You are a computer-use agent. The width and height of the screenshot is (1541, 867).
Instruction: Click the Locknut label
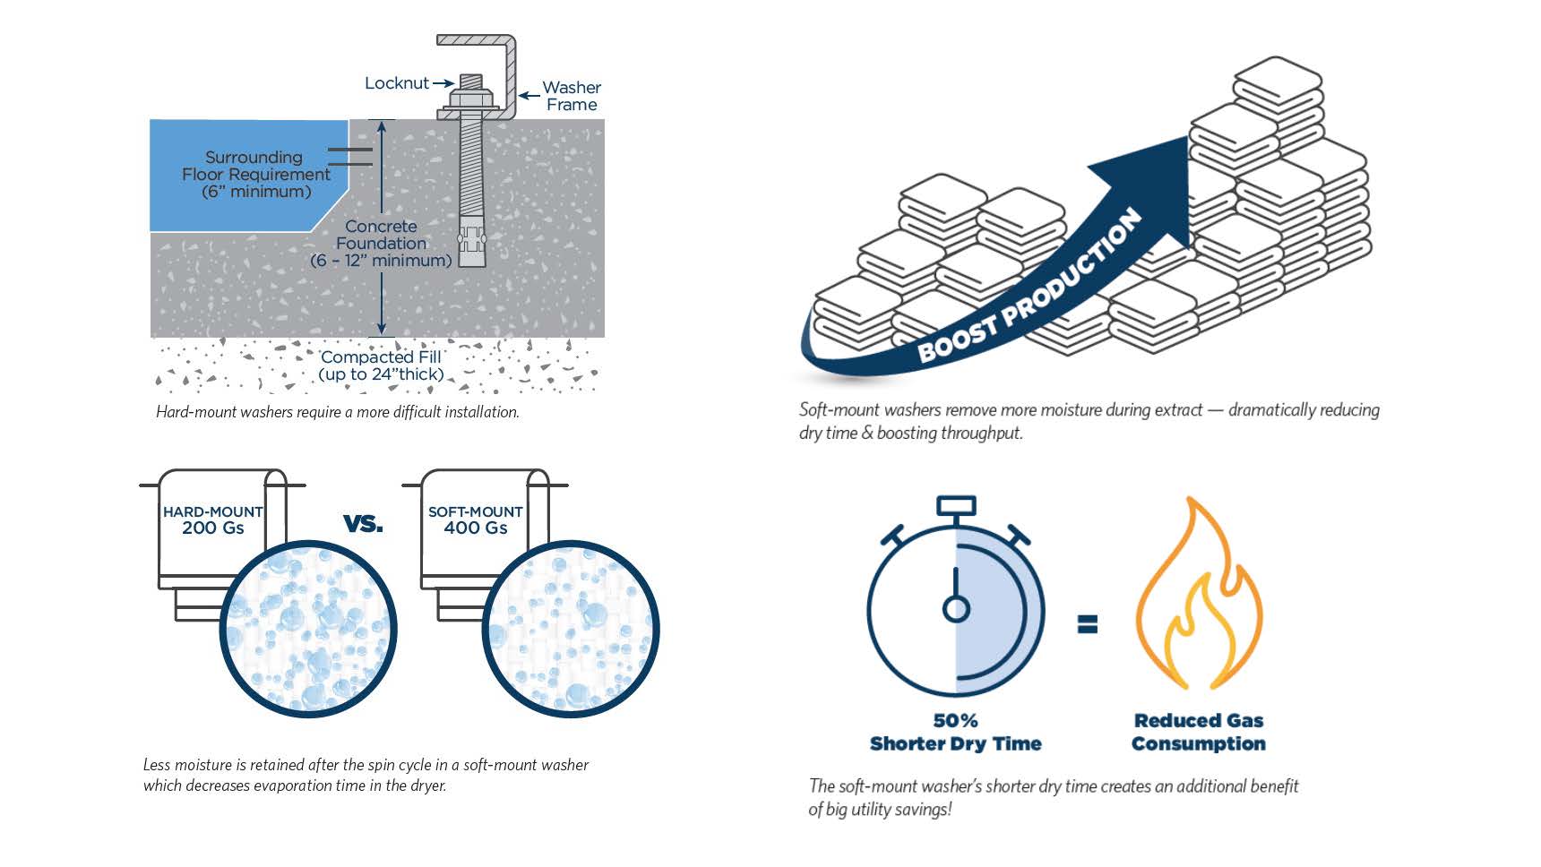pyautogui.click(x=396, y=83)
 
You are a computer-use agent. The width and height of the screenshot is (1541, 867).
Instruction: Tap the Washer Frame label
pyautogui.click(x=572, y=96)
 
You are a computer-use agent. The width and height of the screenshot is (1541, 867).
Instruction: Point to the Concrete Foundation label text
pyautogui.click(x=381, y=244)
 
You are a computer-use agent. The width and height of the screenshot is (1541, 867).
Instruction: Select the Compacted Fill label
pyautogui.click(x=381, y=365)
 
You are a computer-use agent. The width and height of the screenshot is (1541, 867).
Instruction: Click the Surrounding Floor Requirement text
pyautogui.click(x=255, y=174)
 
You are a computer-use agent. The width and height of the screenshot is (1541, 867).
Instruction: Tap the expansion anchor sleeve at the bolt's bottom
pyautogui.click(x=471, y=241)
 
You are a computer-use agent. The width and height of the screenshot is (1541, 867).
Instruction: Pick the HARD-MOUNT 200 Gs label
pyautogui.click(x=212, y=519)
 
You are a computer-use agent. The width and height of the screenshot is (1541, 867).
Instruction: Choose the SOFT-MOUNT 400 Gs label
pyautogui.click(x=475, y=519)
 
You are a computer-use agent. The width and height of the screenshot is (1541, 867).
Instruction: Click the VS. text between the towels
pyautogui.click(x=363, y=523)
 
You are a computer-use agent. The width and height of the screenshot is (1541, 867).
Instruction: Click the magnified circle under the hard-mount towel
pyautogui.click(x=308, y=628)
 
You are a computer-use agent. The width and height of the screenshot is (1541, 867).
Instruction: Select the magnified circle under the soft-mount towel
pyautogui.click(x=571, y=628)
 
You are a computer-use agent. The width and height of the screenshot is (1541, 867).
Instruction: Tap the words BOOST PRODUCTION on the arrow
pyautogui.click(x=1030, y=287)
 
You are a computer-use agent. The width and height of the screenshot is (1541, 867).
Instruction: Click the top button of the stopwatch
pyautogui.click(x=956, y=506)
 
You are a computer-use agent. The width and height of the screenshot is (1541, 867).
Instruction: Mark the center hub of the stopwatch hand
pyautogui.click(x=956, y=610)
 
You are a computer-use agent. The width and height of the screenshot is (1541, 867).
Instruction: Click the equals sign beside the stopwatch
pyautogui.click(x=1087, y=623)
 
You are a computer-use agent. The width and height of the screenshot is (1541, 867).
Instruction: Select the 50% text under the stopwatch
pyautogui.click(x=955, y=721)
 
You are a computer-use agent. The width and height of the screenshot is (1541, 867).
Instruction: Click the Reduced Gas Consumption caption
pyautogui.click(x=1199, y=732)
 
